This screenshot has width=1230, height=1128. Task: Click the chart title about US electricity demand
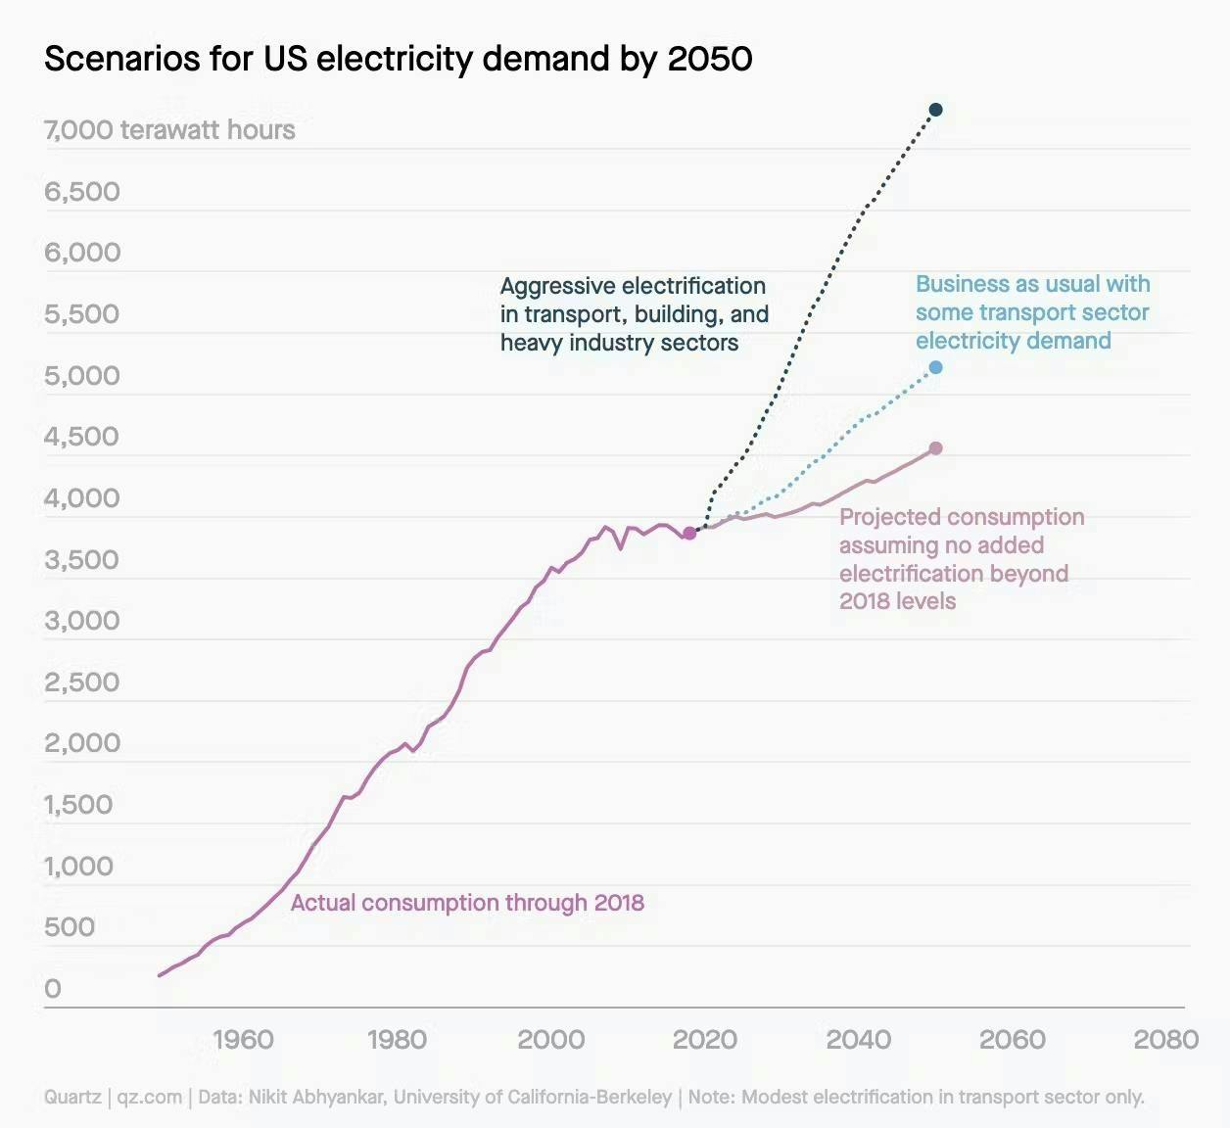pos(398,59)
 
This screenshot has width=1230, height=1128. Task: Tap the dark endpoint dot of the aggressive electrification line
pos(935,110)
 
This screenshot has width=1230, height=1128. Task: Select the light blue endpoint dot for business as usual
pos(935,367)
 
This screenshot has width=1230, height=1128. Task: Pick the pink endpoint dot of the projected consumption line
pos(935,448)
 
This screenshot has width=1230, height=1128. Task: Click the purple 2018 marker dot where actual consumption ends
pos(689,533)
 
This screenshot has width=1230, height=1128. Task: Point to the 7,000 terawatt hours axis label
pos(169,130)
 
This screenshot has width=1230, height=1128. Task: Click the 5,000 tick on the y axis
pos(82,376)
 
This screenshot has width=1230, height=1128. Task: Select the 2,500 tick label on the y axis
pos(82,682)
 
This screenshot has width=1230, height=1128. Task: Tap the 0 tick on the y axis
pos(53,989)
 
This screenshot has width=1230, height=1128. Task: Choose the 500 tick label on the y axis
pos(70,927)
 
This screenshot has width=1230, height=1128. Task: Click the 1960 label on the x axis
pos(243,1040)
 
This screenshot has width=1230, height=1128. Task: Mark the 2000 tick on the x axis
pos(550,1040)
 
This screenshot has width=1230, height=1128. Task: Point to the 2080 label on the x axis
pos(1165,1040)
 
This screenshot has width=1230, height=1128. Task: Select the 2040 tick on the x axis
pos(859,1040)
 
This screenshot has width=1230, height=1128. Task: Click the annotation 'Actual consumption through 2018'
pos(467,903)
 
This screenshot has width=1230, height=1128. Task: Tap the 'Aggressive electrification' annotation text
pos(634,314)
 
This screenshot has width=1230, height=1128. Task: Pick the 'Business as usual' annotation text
pos(1032,312)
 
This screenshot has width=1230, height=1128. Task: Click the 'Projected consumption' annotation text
pos(961,558)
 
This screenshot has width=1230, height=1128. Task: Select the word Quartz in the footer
pos(72,1098)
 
